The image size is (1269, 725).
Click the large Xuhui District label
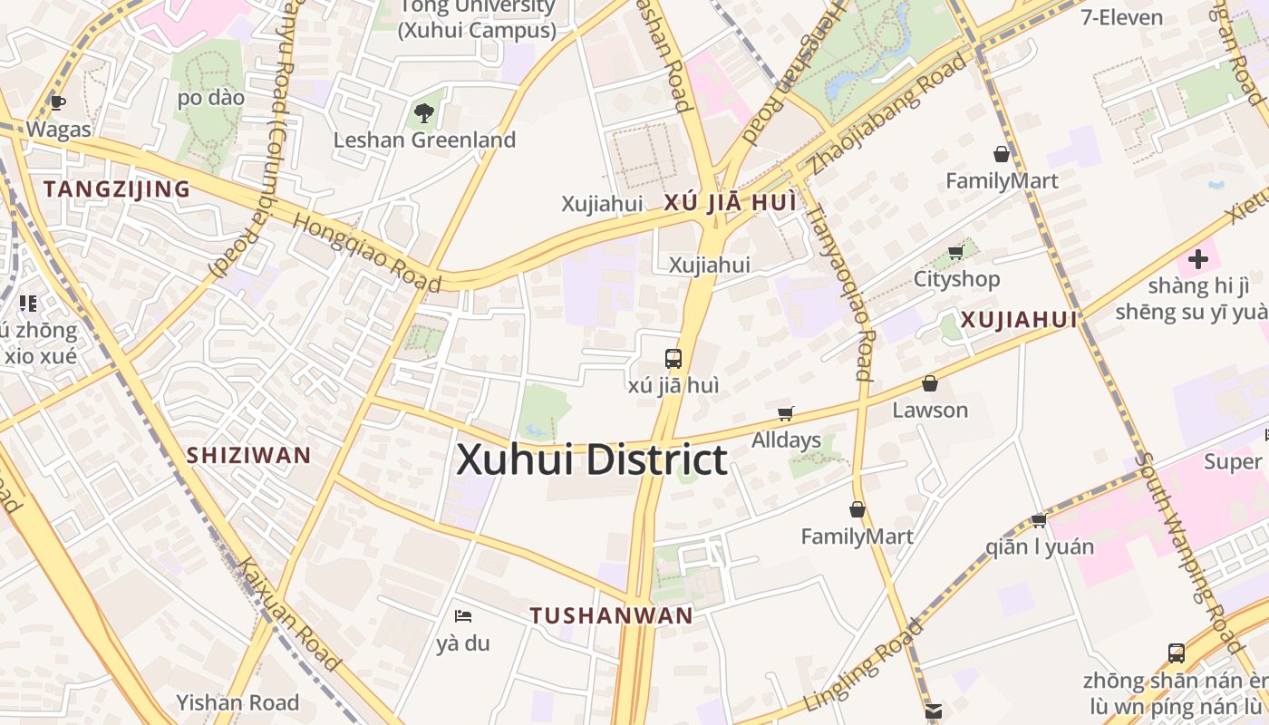592,459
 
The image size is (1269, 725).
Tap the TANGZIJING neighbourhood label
117,189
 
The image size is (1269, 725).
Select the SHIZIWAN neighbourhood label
248,455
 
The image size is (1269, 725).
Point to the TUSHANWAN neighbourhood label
612,616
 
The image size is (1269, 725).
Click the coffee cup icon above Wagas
58,102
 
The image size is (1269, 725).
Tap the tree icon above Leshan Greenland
423,113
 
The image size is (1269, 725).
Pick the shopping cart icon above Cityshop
955,252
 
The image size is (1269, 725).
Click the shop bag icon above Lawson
930,383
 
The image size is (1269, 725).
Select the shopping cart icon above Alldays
786,414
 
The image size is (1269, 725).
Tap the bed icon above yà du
463,616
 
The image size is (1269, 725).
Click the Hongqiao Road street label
367,253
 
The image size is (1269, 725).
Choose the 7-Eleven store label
1121,17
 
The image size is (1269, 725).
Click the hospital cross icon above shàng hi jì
1198,259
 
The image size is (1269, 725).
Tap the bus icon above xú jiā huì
673,358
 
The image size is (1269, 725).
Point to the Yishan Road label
237,702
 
